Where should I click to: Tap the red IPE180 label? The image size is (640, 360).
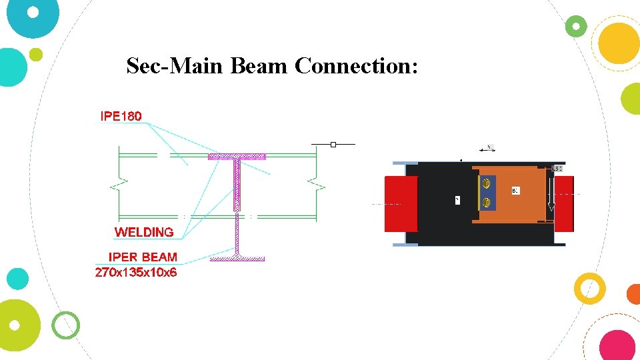[121, 116]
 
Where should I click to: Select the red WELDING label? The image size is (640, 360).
[144, 232]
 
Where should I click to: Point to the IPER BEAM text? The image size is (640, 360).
[143, 257]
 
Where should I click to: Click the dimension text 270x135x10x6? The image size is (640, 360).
[136, 271]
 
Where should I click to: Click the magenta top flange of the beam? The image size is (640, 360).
[237, 157]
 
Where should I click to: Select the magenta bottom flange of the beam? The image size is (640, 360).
[237, 258]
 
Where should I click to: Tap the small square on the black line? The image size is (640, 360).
[333, 144]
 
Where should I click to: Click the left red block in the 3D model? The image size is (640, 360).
[401, 204]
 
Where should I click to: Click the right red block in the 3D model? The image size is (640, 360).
[563, 203]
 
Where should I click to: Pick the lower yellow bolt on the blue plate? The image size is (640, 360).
[486, 202]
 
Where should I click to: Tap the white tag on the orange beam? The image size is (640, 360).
[515, 191]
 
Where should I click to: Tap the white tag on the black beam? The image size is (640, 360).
[457, 199]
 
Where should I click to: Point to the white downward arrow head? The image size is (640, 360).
[551, 208]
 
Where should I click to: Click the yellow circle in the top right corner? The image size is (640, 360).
[618, 42]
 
